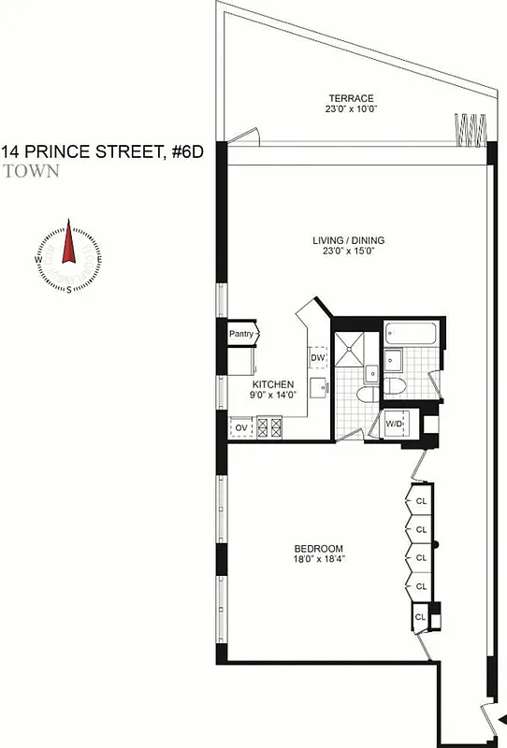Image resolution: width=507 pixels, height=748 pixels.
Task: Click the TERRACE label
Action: (x=351, y=98)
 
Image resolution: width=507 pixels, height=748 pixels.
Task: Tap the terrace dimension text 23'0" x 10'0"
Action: (x=351, y=109)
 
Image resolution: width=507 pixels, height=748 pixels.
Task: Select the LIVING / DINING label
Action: (x=349, y=240)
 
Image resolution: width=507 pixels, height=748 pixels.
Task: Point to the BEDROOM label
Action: (x=318, y=549)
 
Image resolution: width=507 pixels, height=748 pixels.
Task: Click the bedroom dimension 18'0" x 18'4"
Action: (x=318, y=560)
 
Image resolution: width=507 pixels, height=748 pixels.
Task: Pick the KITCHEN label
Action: (x=273, y=384)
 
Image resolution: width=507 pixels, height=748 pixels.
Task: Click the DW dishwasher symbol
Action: (x=317, y=358)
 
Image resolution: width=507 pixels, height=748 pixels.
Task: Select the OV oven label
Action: (x=241, y=428)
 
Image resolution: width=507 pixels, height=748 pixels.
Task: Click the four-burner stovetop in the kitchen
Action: (x=269, y=428)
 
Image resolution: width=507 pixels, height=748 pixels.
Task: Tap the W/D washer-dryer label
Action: (x=395, y=426)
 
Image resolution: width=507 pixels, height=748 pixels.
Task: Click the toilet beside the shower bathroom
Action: (x=393, y=386)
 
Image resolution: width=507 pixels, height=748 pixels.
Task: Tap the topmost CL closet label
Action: (x=421, y=500)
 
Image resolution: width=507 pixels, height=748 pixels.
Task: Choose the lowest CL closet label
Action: (x=421, y=617)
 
